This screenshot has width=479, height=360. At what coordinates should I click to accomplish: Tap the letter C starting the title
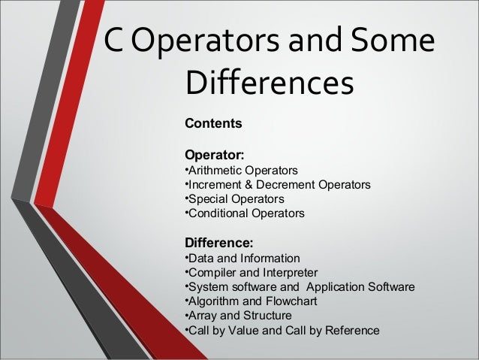114,43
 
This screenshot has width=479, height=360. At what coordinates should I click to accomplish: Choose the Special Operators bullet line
234,199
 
